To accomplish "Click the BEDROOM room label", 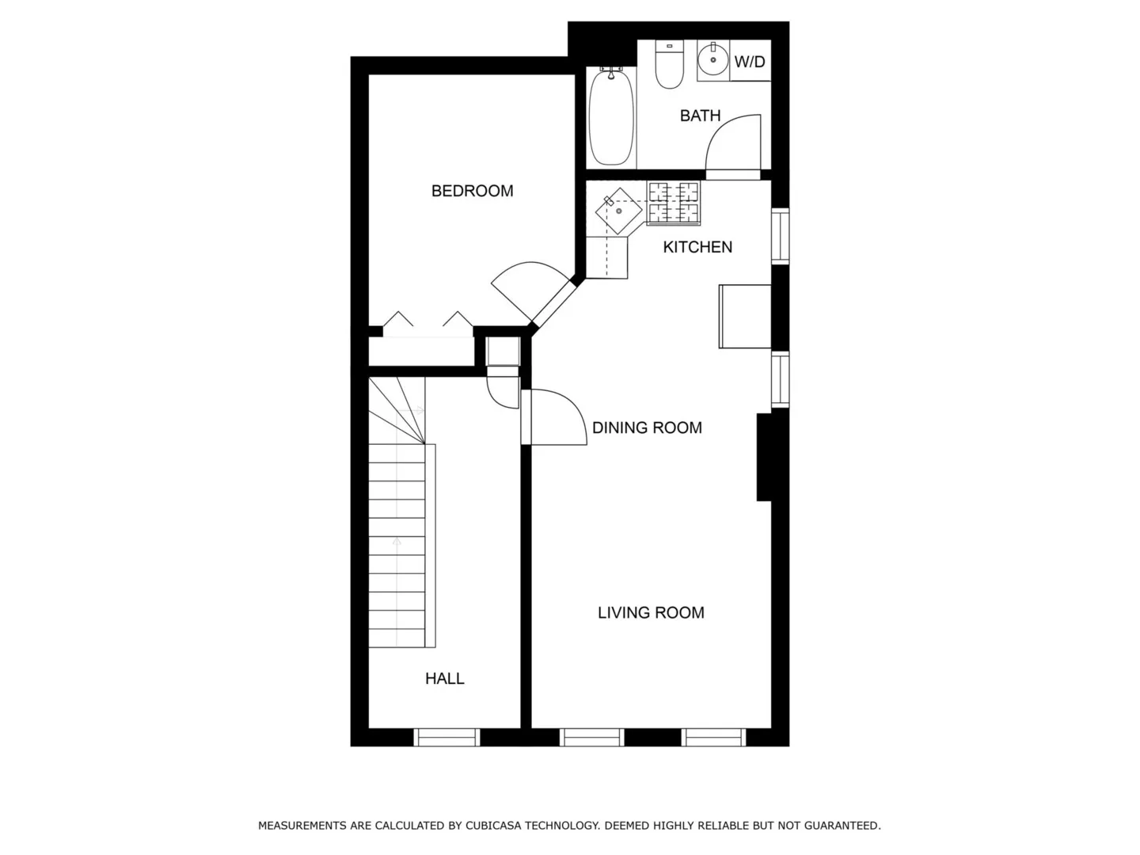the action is (472, 191).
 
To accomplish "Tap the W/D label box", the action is (750, 61).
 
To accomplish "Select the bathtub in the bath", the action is (611, 116).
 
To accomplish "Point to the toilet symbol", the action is (669, 64).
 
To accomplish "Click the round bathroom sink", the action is (713, 59).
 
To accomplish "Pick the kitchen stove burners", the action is (674, 203).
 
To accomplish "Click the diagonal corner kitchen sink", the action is (618, 211).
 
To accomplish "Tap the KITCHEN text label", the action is (697, 247).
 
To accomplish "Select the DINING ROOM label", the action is (647, 427).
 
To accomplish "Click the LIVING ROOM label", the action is (651, 613).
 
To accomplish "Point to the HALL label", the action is (445, 678).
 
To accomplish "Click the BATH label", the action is (700, 116).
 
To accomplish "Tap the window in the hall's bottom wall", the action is (446, 737).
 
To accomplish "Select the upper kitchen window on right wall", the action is (780, 236).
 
